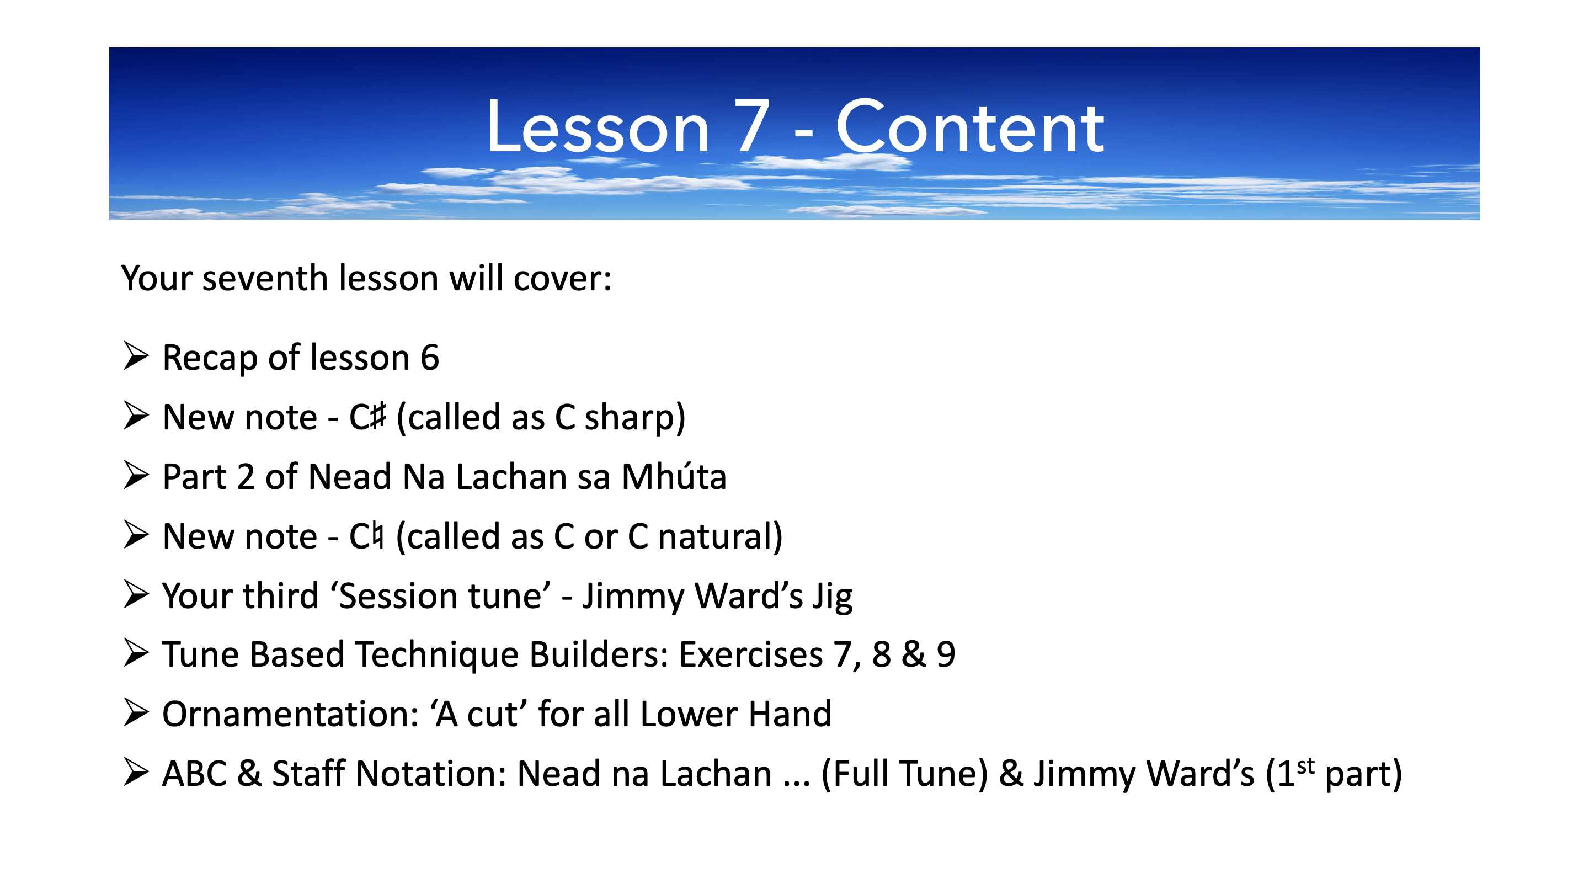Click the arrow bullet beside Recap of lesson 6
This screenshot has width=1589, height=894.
pos(136,356)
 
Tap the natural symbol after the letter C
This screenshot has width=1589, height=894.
pos(377,535)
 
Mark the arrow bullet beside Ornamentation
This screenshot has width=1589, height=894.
pos(136,712)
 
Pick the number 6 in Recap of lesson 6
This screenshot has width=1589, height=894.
pos(430,357)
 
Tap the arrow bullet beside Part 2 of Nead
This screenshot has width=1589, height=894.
pos(136,475)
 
